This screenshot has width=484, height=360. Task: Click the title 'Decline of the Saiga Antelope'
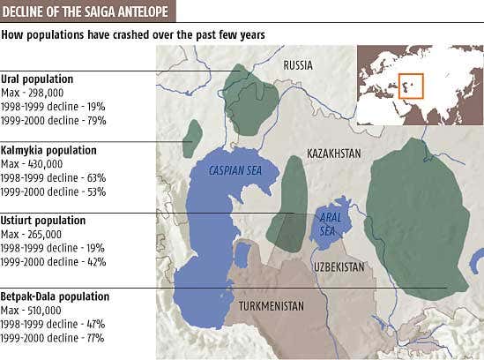(x=86, y=11)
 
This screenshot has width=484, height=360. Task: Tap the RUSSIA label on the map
(x=298, y=65)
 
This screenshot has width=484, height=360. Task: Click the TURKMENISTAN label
(x=272, y=306)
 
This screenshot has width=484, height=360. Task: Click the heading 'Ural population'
(x=37, y=79)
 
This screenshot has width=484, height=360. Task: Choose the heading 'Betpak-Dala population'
(x=55, y=296)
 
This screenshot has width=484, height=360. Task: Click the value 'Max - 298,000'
(x=32, y=93)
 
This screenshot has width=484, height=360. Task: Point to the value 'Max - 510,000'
(x=32, y=311)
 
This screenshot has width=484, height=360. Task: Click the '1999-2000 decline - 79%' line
(x=53, y=121)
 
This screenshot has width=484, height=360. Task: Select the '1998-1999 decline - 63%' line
(x=53, y=177)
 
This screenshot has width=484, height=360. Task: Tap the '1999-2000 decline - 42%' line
(x=53, y=262)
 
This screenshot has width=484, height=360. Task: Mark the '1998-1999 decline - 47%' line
(x=53, y=324)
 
